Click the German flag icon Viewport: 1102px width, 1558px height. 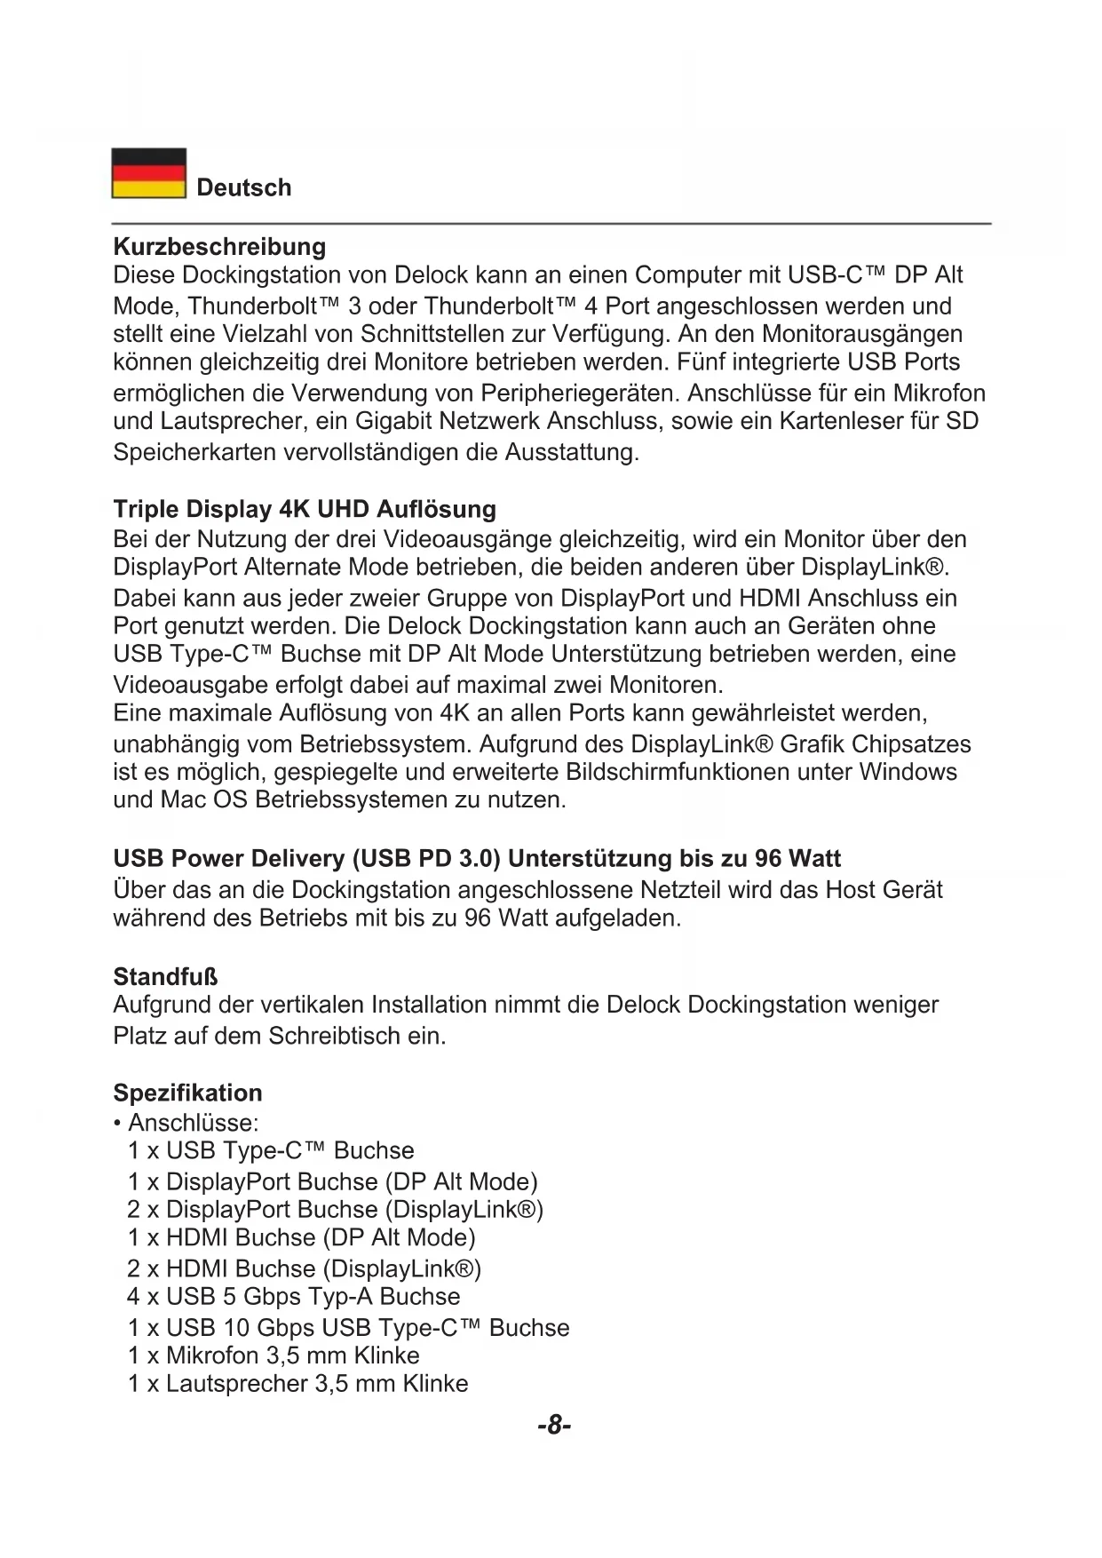(148, 173)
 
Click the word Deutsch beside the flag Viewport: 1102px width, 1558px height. (243, 188)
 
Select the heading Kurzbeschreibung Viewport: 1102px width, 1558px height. (219, 247)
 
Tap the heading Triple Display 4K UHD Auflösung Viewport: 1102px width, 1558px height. (305, 510)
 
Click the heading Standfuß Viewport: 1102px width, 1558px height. (165, 977)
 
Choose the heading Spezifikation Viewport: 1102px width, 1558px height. (187, 1093)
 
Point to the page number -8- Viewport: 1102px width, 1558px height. (553, 1426)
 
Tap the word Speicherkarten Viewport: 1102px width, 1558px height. (194, 453)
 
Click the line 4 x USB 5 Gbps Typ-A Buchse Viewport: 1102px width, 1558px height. (293, 1297)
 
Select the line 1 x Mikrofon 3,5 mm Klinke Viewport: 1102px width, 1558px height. (274, 1356)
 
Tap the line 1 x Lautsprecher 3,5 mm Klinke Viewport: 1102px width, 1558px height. (297, 1384)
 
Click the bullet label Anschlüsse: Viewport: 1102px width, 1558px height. (193, 1123)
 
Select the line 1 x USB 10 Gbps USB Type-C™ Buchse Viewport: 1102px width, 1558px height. (348, 1328)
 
